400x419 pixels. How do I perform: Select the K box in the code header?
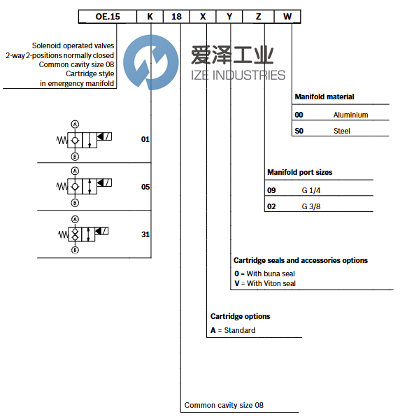pos(150,15)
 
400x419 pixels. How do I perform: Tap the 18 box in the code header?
pos(177,15)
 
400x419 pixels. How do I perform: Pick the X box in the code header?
pos(203,15)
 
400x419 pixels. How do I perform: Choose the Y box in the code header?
pos(229,15)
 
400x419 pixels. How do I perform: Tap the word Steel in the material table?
pos(341,131)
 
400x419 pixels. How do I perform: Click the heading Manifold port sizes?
pos(299,172)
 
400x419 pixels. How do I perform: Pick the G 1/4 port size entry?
pos(311,190)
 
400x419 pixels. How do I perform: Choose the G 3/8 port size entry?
pos(311,206)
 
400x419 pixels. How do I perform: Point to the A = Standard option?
pos(233,330)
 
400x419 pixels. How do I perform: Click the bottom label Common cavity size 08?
pos(224,405)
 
